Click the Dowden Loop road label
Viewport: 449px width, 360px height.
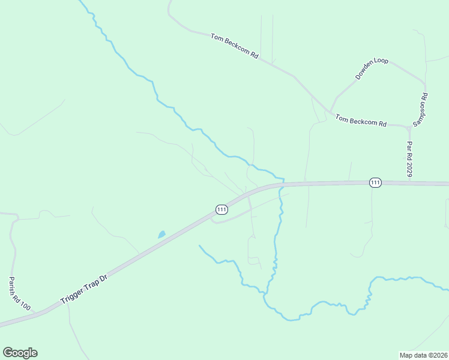coord(372,69)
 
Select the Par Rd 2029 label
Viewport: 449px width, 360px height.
coord(409,159)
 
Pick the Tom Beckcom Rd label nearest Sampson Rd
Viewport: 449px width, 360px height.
coord(360,120)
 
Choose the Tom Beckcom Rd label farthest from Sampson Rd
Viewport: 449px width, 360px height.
coord(234,46)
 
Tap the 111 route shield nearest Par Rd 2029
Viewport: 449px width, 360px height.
coord(375,182)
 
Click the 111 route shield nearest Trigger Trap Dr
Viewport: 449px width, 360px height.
coord(221,209)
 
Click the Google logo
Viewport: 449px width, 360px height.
coord(20,353)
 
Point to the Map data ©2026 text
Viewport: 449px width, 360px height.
coord(423,355)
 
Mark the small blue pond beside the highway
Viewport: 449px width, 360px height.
coord(161,235)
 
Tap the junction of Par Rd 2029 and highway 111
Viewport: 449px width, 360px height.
coord(409,182)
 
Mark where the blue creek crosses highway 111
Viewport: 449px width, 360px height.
coord(281,184)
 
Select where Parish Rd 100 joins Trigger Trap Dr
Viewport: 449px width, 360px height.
coord(36,313)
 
